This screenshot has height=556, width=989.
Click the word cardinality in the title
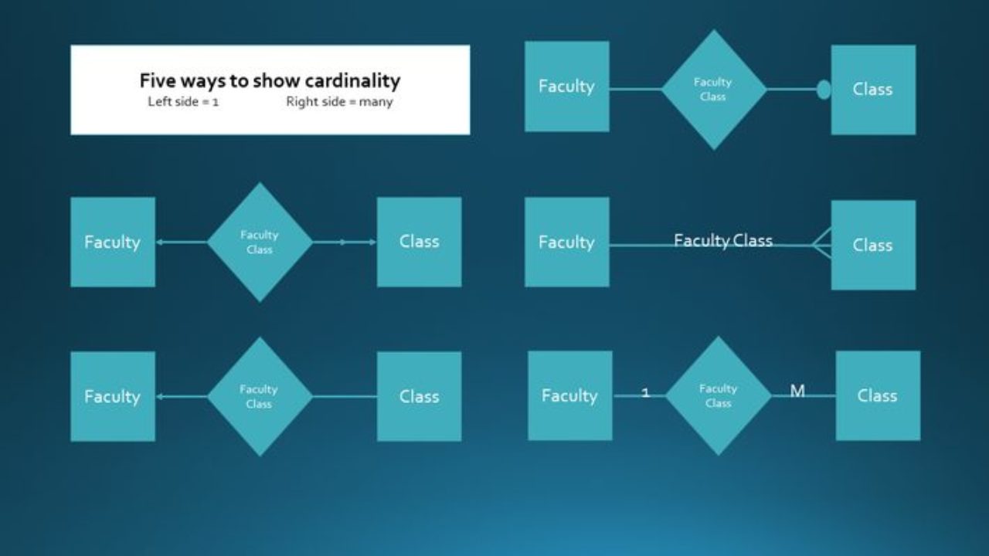[x=352, y=80]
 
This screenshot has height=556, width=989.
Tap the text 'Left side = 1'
[x=183, y=102]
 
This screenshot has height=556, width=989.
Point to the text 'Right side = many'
[x=339, y=102]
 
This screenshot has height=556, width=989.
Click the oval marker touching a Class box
[x=824, y=90]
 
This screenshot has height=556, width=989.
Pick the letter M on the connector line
[x=797, y=392]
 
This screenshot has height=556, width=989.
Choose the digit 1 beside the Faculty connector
[x=646, y=393]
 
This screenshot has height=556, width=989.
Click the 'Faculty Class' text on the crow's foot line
[x=723, y=240]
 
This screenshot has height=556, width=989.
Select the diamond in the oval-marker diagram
[x=713, y=90]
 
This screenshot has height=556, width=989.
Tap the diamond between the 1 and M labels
[x=718, y=395]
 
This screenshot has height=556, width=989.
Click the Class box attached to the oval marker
[x=873, y=90]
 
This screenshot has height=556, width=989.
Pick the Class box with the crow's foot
[x=873, y=245]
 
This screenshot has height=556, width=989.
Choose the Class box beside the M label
[x=878, y=395]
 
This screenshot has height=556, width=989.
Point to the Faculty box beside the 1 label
[x=570, y=395]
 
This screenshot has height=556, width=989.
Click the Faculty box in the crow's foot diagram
[x=566, y=242]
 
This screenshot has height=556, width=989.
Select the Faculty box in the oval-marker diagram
[x=566, y=86]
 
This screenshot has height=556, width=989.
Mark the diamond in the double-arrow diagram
[x=260, y=242]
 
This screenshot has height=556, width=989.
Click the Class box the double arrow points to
[x=419, y=242]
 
